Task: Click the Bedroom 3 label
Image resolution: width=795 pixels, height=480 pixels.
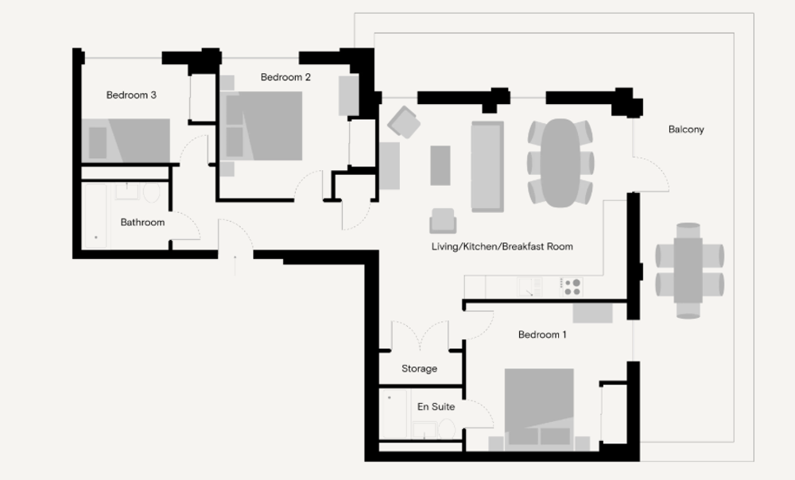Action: [x=131, y=95]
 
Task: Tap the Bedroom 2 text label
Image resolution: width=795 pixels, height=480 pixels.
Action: [x=285, y=77]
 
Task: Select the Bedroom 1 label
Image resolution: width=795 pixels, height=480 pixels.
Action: [x=542, y=335]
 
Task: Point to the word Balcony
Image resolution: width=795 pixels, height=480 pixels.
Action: [x=686, y=130]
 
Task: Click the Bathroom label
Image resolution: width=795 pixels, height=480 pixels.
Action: [x=142, y=222]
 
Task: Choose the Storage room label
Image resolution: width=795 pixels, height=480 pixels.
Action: [x=419, y=369]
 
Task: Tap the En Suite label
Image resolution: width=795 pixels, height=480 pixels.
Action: [x=436, y=407]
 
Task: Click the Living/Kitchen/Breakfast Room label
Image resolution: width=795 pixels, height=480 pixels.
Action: [x=502, y=246]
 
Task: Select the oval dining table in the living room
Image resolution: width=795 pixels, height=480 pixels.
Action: [x=560, y=163]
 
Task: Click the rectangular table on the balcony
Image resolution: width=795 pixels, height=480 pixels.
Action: [x=688, y=270]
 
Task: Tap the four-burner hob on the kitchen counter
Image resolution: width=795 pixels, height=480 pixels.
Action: [x=572, y=287]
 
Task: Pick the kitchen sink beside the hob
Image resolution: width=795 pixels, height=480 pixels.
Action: [x=529, y=287]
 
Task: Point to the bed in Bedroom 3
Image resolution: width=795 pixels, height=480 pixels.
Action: [x=126, y=141]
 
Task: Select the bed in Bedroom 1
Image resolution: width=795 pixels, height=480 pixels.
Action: [x=540, y=408]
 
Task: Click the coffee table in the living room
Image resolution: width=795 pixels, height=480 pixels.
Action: [x=440, y=166]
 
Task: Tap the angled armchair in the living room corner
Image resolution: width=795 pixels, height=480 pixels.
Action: [x=404, y=122]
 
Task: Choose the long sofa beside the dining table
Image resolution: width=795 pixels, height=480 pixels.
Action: [x=487, y=166]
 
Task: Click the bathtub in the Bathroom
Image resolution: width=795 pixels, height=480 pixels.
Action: [x=96, y=216]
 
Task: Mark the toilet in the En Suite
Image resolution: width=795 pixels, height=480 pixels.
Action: [x=446, y=429]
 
